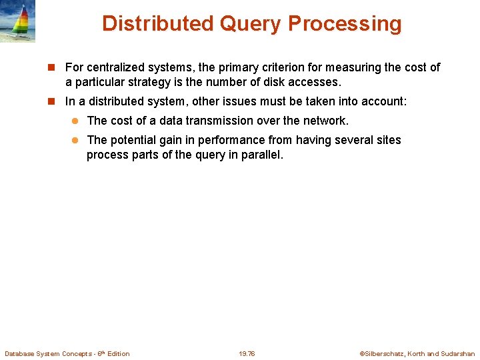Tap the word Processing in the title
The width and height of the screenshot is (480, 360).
pyautogui.click(x=345, y=24)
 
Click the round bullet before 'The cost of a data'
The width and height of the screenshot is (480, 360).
pyautogui.click(x=76, y=121)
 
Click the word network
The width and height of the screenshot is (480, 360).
pyautogui.click(x=326, y=121)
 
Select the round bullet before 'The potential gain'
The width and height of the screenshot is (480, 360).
pyautogui.click(x=76, y=140)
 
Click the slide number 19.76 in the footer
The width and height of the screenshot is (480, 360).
pyautogui.click(x=247, y=353)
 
